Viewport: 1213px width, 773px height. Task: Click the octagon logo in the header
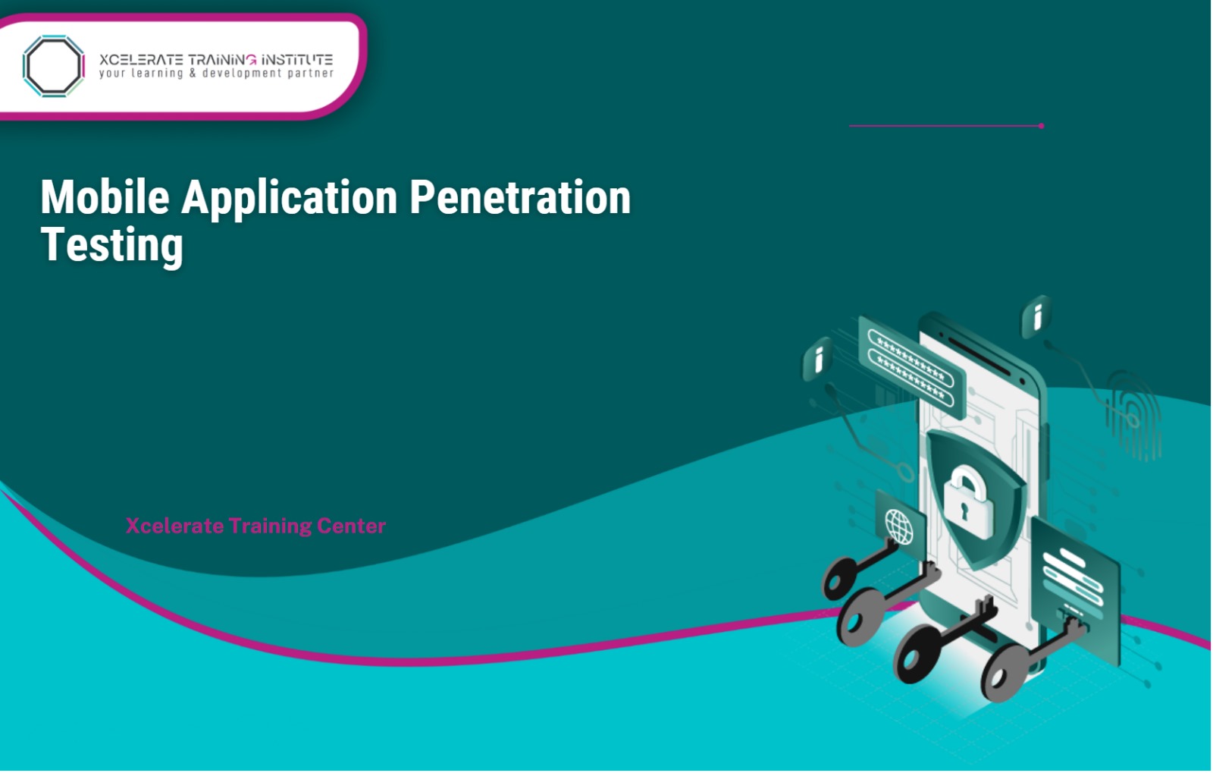pyautogui.click(x=53, y=66)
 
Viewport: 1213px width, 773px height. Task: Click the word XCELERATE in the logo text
pyautogui.click(x=141, y=59)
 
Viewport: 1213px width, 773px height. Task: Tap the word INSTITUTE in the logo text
pyautogui.click(x=297, y=59)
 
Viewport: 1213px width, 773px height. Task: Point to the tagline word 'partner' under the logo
pyautogui.click(x=310, y=74)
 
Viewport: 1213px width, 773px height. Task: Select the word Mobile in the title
pyautogui.click(x=105, y=197)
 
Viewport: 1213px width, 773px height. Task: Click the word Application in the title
pyautogui.click(x=289, y=199)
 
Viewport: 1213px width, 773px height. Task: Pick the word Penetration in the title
pyautogui.click(x=520, y=197)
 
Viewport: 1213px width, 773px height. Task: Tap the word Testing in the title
pyautogui.click(x=111, y=245)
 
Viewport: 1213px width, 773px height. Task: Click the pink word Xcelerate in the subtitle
pyautogui.click(x=174, y=526)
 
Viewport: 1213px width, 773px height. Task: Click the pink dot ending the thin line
pyautogui.click(x=1042, y=126)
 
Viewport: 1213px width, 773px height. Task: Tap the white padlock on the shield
pyautogui.click(x=968, y=501)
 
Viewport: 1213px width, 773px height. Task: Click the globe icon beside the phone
pyautogui.click(x=899, y=526)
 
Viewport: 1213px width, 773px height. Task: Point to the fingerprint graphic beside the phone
pyautogui.click(x=1133, y=414)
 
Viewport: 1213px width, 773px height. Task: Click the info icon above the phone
pyautogui.click(x=1036, y=316)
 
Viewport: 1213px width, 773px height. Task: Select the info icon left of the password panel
pyautogui.click(x=818, y=358)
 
